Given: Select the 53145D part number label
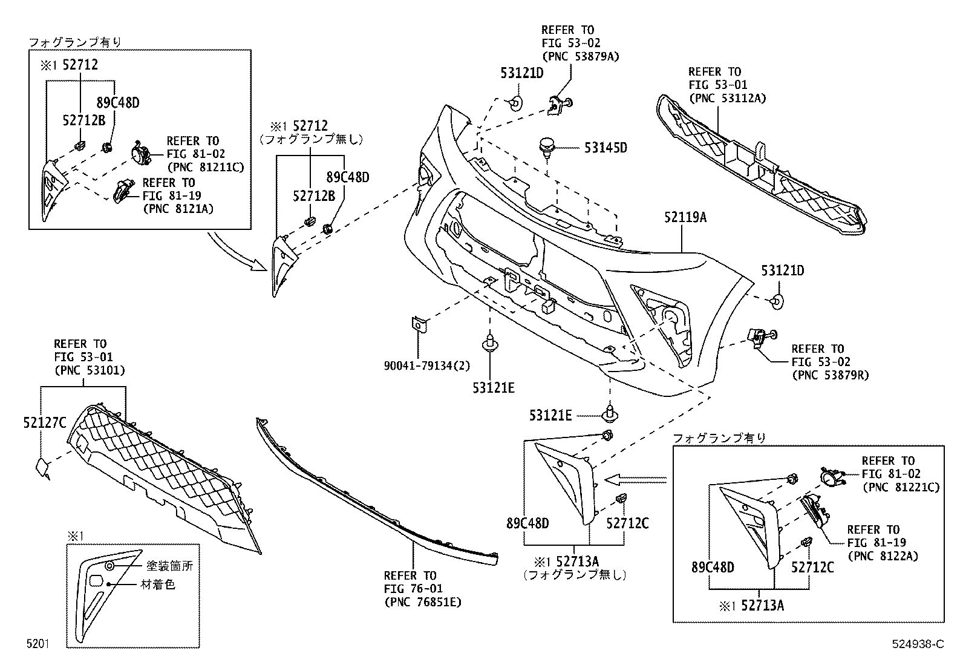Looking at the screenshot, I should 606,148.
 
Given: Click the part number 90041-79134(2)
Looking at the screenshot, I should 428,366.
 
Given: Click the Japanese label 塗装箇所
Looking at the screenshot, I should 170,566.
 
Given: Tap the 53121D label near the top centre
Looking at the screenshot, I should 522,73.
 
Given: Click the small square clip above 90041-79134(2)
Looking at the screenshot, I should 417,324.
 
